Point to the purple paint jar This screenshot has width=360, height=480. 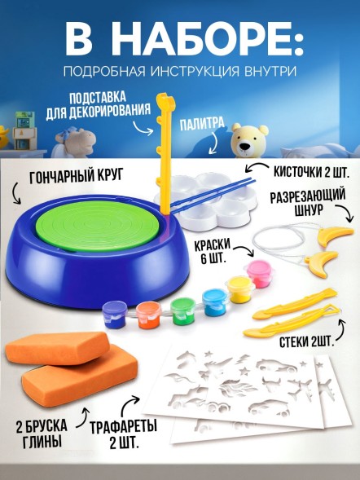point(115,312)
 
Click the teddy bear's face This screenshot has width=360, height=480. point(248,139)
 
